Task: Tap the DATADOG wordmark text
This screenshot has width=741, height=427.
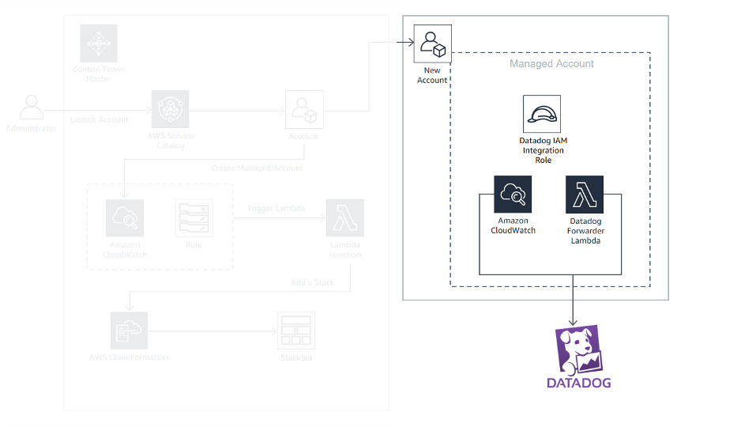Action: (579, 384)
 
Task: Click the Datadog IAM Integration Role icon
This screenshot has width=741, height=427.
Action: (541, 114)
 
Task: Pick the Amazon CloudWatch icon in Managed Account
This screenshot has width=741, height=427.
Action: (513, 194)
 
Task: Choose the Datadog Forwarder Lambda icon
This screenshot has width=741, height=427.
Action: (584, 194)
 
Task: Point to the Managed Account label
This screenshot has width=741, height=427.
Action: (551, 63)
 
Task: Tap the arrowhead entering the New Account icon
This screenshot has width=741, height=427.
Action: (408, 42)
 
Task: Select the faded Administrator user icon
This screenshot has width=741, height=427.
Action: (32, 108)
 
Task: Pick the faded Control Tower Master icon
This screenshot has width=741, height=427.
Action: (99, 43)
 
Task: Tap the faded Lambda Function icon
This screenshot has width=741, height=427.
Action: (344, 218)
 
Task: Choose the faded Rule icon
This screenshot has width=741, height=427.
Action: (194, 218)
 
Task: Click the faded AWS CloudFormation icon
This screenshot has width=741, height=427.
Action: (129, 331)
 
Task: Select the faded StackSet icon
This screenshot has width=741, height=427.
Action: (295, 331)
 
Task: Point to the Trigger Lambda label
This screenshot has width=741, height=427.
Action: (275, 208)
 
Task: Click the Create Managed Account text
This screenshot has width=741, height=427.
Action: (257, 168)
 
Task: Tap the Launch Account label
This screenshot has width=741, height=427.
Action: (99, 119)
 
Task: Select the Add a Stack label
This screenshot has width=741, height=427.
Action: (312, 282)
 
